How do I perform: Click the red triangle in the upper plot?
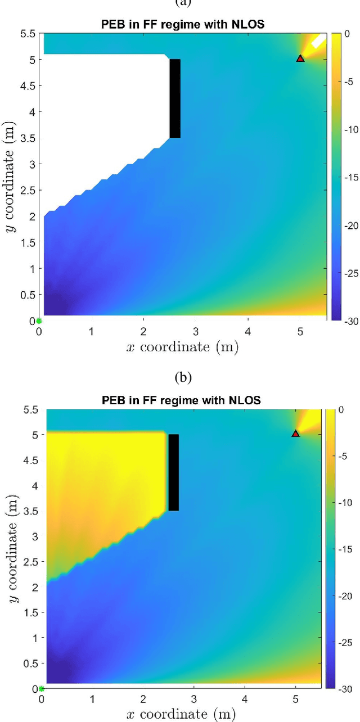pos(300,58)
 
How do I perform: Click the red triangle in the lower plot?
pos(295,433)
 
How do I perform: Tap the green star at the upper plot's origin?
pos(39,321)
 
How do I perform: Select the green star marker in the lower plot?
pos(41,688)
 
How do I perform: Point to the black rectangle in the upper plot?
pos(175,98)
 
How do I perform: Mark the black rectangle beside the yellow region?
pos(173,472)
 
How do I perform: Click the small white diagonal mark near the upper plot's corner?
pos(318,42)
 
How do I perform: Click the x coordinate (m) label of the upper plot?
pos(183,348)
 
